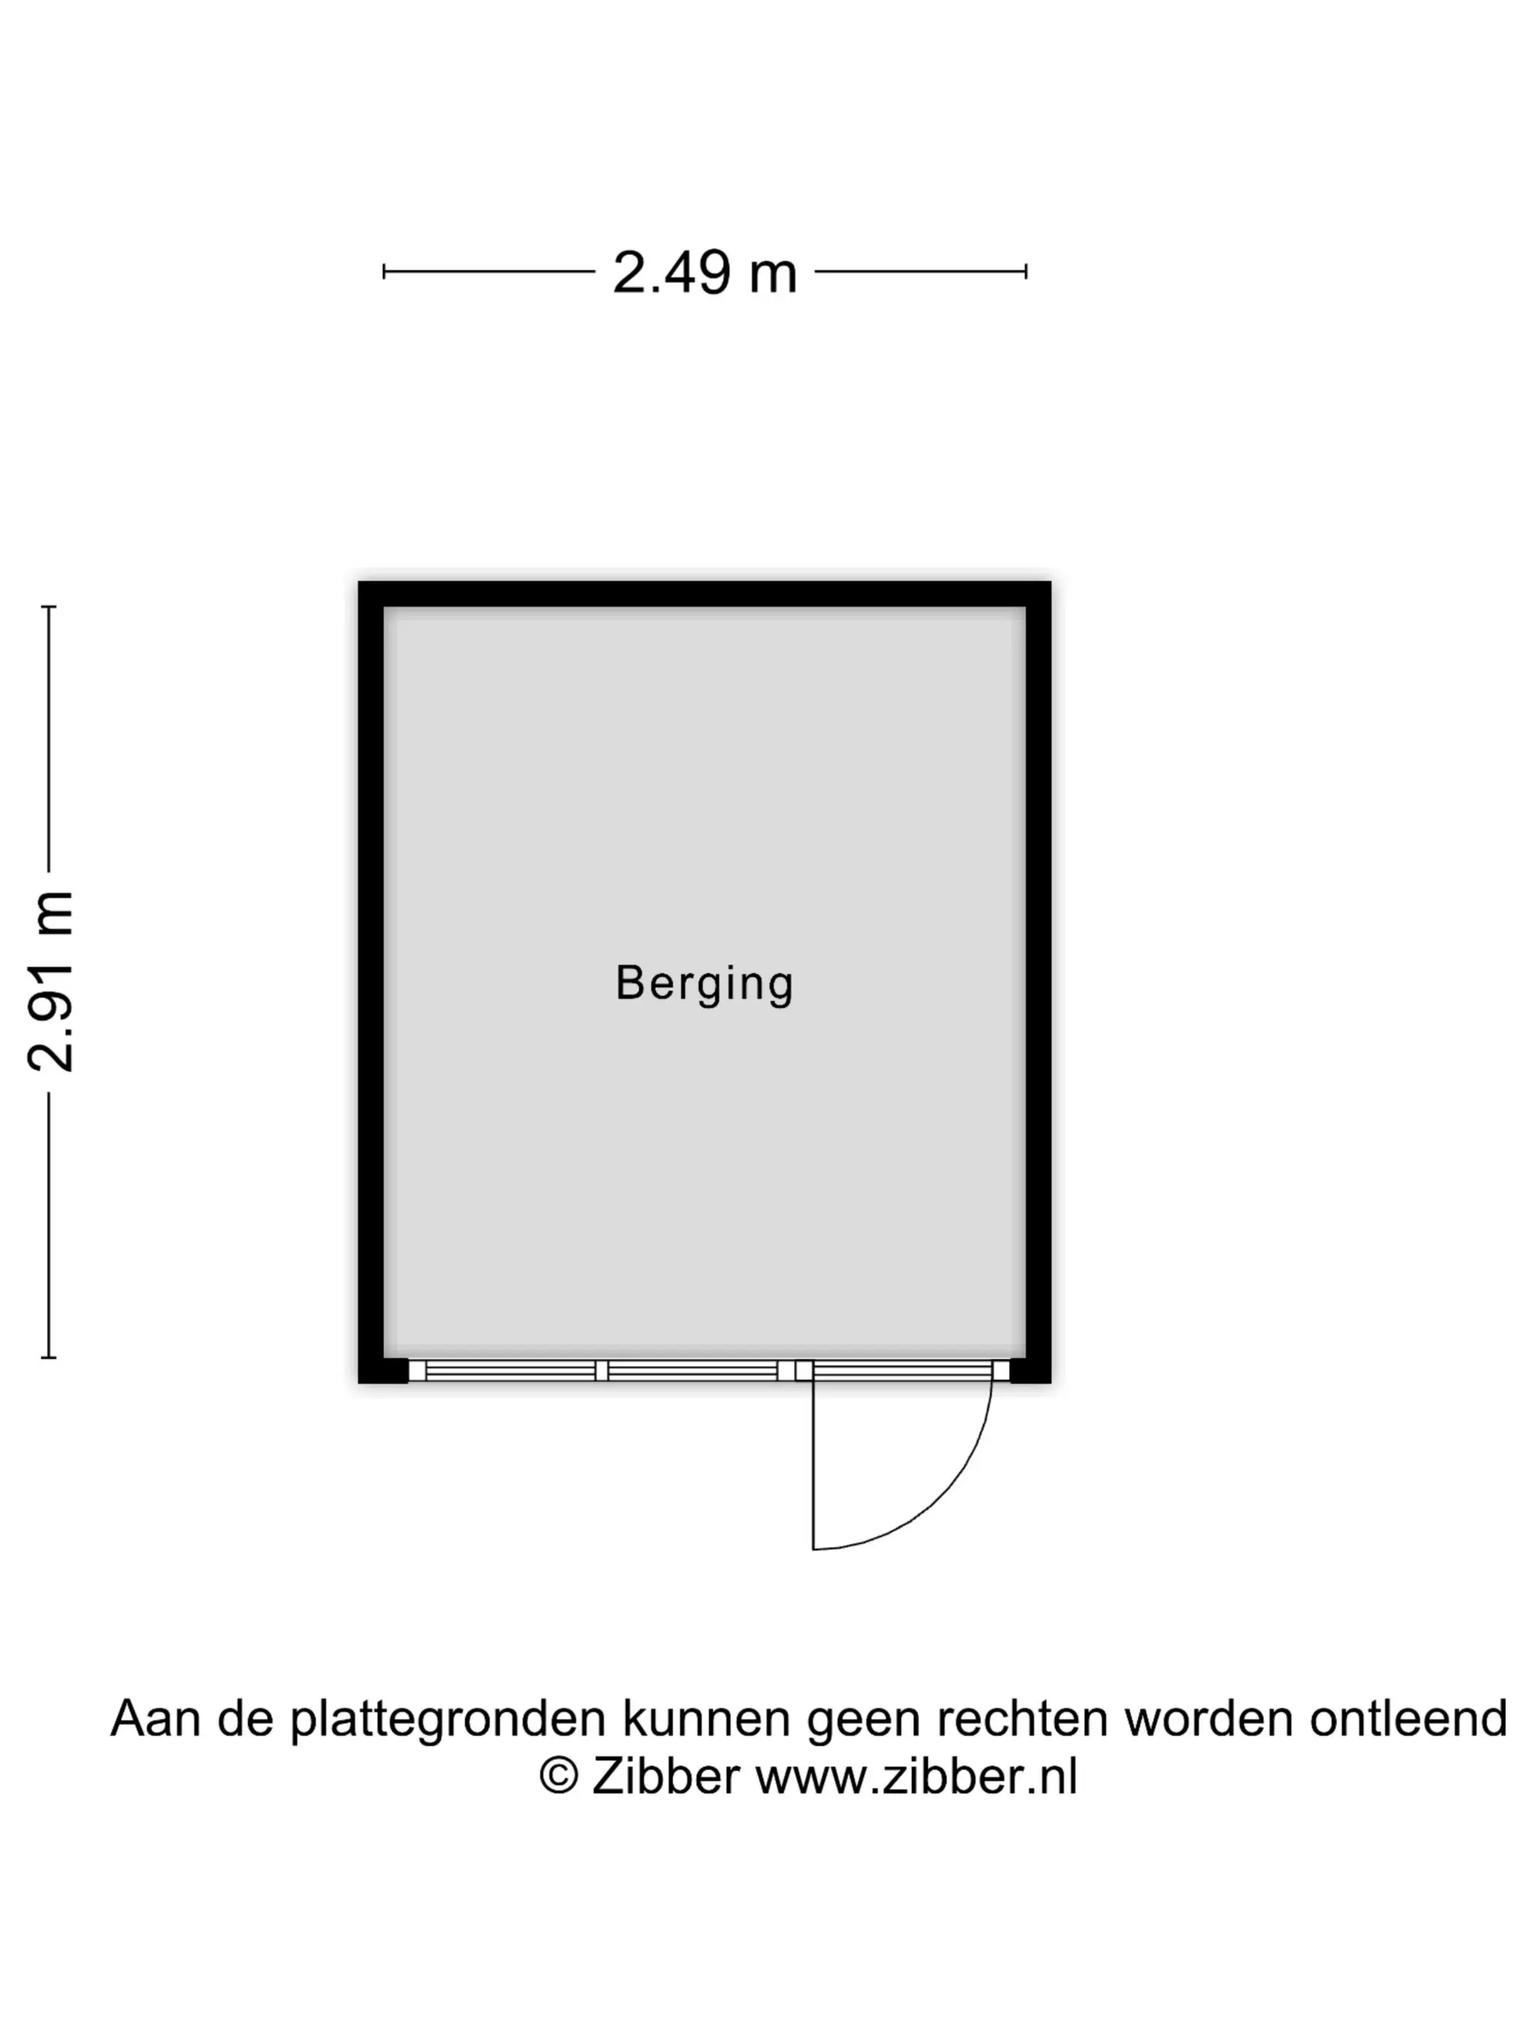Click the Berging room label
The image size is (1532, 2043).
coord(704,983)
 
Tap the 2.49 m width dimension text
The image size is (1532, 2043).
coord(704,274)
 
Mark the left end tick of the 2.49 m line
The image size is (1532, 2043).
coord(384,271)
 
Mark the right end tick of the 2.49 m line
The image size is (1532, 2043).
coord(1026,271)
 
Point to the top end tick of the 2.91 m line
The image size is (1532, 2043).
coord(49,607)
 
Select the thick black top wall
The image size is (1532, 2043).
coord(704,594)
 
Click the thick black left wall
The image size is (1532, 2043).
coord(371,979)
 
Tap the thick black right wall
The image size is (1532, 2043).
coord(1038,979)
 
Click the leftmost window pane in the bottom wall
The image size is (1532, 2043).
coord(510,1370)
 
